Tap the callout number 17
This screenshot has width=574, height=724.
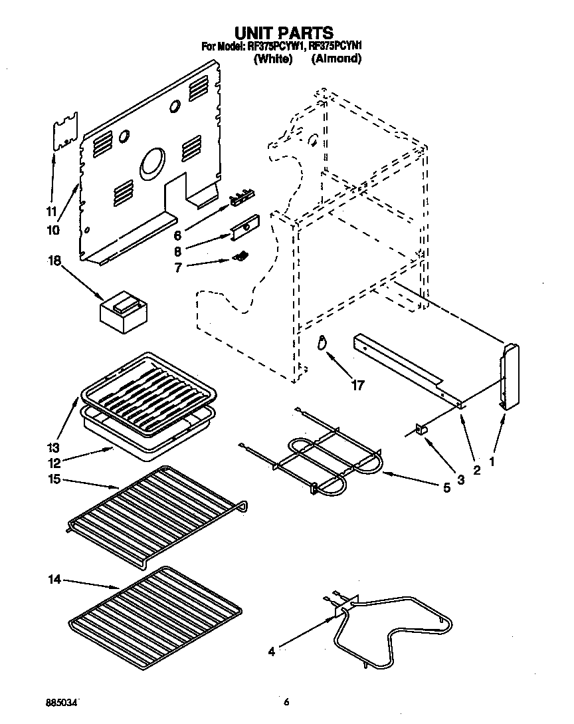pyautogui.click(x=357, y=384)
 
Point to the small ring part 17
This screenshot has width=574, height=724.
pyautogui.click(x=322, y=342)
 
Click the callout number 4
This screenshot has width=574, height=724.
pyautogui.click(x=270, y=652)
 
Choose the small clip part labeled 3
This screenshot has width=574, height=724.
pyautogui.click(x=420, y=430)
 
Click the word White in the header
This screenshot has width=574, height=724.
pyautogui.click(x=273, y=59)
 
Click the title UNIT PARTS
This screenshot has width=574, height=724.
pyautogui.click(x=284, y=32)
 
